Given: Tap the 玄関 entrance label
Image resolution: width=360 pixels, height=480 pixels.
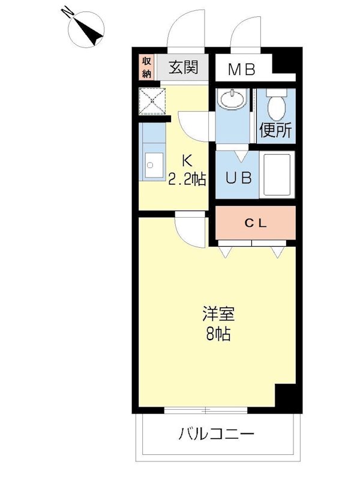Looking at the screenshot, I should (x=183, y=67).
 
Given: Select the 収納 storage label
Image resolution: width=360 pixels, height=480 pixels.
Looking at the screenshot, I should (x=146, y=67).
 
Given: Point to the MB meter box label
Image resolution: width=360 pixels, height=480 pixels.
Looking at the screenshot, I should (x=241, y=69).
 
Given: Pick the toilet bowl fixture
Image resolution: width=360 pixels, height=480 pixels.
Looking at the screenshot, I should (x=277, y=106).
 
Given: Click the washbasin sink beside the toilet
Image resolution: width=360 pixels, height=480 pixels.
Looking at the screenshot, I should (x=232, y=100).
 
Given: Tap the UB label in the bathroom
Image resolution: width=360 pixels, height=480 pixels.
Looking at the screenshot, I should (x=237, y=178).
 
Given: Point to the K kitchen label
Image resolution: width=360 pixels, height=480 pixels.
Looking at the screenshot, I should (x=187, y=161).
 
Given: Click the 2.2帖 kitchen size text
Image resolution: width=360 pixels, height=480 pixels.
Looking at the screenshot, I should (x=187, y=178).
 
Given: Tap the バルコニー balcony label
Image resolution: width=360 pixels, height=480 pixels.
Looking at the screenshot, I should (x=217, y=433).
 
